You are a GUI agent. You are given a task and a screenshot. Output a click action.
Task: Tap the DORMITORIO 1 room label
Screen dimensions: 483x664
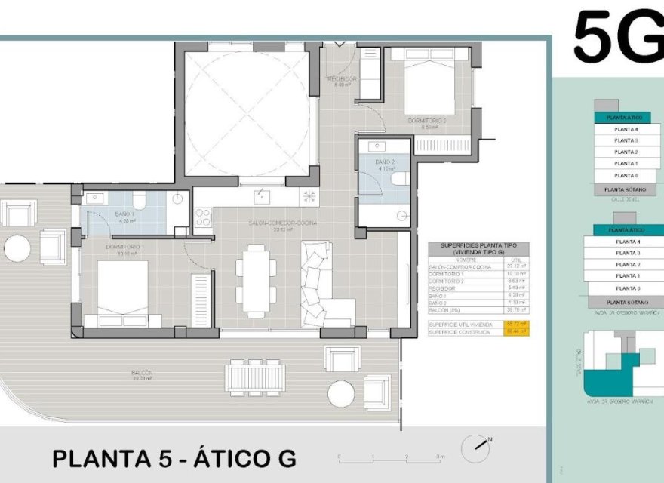pyautogui.click(x=125, y=249)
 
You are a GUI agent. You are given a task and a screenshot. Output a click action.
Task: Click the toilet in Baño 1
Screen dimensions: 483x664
pyautogui.click(x=139, y=201)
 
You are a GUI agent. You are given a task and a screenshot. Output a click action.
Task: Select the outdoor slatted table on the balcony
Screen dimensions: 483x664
pyautogui.click(x=255, y=375)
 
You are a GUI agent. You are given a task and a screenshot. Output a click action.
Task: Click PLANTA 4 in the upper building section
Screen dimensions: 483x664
pyautogui.click(x=626, y=129)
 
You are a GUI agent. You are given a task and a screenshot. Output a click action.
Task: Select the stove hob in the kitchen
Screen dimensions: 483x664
pyautogui.click(x=203, y=218)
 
